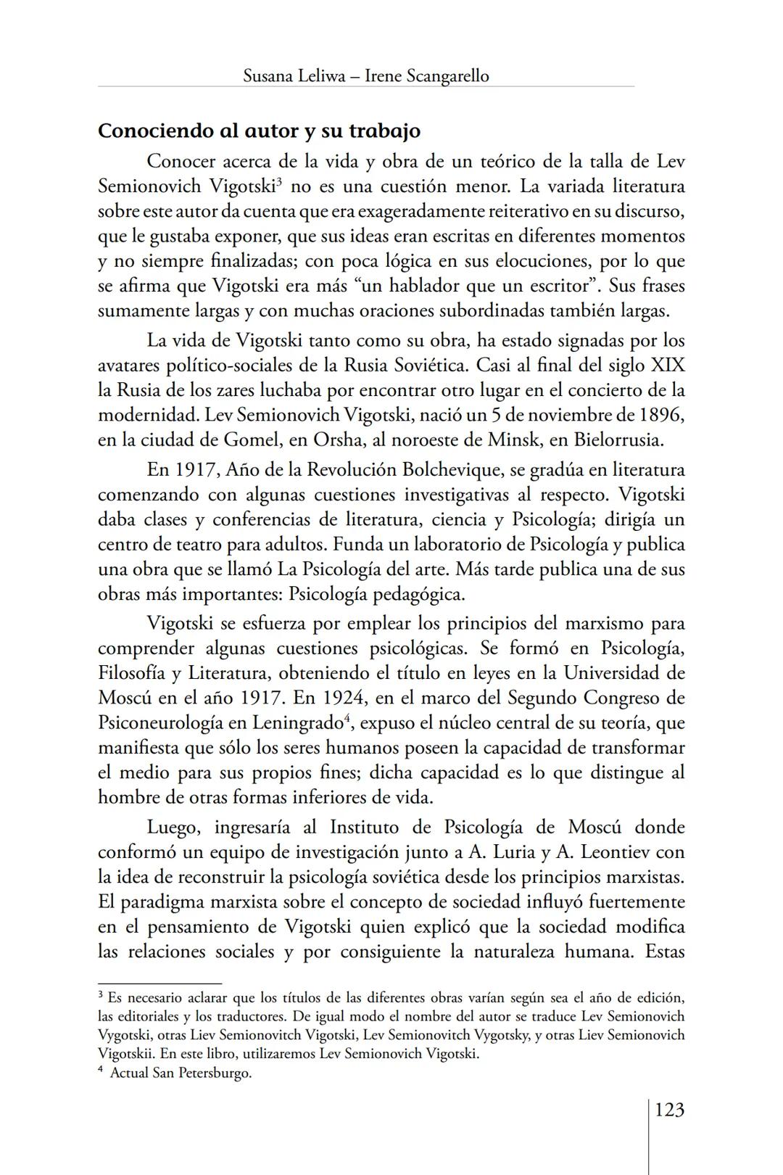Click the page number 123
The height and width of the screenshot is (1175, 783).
669,1110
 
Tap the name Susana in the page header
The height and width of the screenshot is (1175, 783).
269,75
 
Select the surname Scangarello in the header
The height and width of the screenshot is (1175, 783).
447,75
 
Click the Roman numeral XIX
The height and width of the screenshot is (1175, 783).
668,366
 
